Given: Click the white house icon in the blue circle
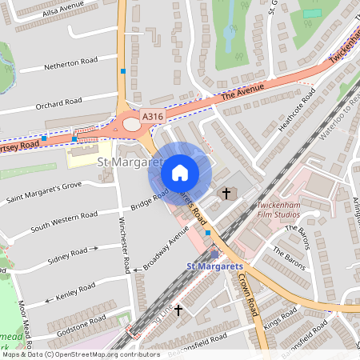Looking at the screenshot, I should pyautogui.click(x=180, y=173).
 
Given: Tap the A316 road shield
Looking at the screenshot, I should pyautogui.click(x=153, y=117).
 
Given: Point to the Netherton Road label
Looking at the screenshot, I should pyautogui.click(x=70, y=61).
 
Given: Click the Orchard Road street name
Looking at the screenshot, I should pyautogui.click(x=58, y=103).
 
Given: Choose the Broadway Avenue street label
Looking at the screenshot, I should pyautogui.click(x=167, y=245).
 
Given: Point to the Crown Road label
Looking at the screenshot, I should pyautogui.click(x=247, y=292).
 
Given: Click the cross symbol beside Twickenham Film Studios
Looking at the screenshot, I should pyautogui.click(x=226, y=194).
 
